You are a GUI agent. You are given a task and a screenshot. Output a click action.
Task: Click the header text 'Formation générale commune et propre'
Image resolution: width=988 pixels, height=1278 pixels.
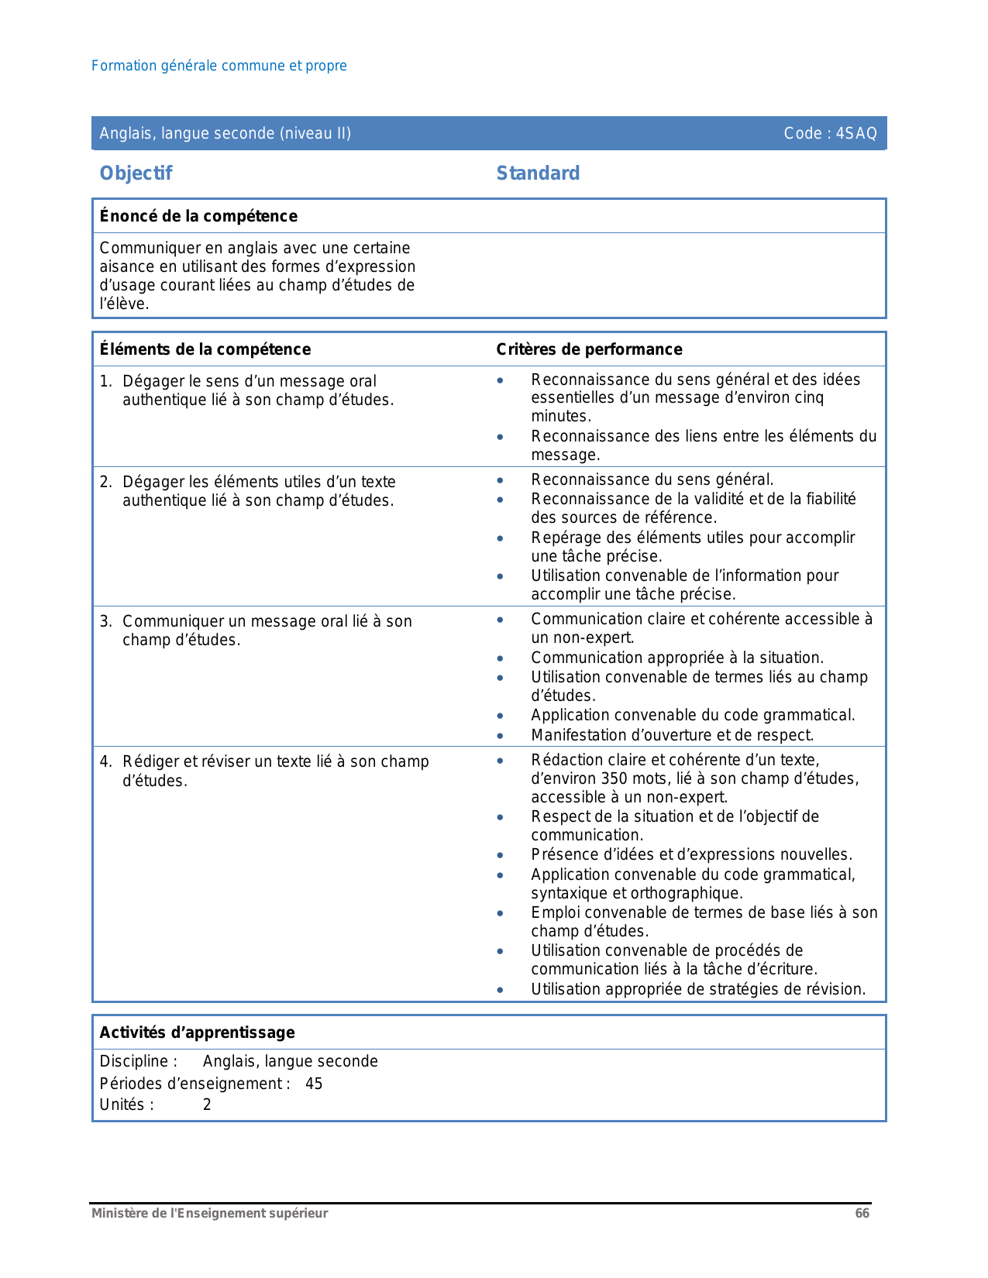(219, 66)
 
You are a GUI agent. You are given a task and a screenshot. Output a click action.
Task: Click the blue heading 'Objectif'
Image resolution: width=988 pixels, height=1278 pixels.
(136, 173)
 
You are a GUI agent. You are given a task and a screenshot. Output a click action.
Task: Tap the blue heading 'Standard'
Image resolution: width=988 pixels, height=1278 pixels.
(538, 173)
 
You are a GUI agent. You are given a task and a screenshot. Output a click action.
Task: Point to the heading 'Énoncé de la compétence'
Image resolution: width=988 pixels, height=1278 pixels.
(198, 216)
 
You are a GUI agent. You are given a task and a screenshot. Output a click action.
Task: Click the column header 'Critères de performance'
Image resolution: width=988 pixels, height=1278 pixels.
(589, 349)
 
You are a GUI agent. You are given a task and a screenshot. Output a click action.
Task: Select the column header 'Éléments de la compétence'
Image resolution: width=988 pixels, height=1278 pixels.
(205, 349)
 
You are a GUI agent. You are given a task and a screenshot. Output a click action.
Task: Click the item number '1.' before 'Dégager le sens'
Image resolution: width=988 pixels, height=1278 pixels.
(106, 382)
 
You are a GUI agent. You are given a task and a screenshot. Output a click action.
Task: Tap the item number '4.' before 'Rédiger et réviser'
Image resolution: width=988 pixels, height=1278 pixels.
(106, 762)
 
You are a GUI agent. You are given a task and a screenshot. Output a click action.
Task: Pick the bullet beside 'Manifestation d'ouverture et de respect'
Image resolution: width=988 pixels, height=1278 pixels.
(501, 737)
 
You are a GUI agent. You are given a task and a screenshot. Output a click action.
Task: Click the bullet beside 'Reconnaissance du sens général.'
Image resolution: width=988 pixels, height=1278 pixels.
(501, 481)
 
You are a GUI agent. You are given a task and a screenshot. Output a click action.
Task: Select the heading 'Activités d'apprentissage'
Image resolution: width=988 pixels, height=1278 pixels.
(197, 1032)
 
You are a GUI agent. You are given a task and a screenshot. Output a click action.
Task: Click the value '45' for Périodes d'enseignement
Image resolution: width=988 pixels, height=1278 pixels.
(314, 1084)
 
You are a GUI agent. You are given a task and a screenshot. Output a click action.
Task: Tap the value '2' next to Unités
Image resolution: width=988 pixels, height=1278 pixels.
(207, 1105)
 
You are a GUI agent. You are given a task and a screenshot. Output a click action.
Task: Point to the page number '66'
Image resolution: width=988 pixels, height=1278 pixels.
(862, 1214)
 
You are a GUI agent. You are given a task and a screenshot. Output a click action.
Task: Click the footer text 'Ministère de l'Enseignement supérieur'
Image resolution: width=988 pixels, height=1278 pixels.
(209, 1214)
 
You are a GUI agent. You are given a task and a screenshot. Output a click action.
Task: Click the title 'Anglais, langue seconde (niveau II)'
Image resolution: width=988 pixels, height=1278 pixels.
(225, 133)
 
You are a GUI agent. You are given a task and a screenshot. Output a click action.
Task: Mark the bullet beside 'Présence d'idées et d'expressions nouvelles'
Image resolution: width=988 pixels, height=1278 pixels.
(501, 856)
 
